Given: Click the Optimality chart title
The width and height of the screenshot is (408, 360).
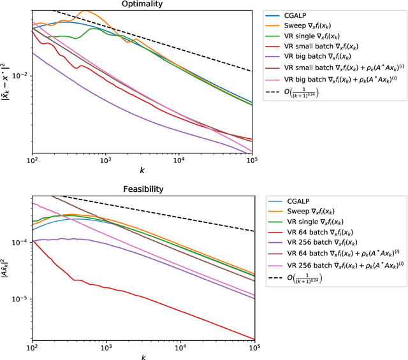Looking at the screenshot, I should (142, 4).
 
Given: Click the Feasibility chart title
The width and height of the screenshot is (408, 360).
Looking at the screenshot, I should (142, 189).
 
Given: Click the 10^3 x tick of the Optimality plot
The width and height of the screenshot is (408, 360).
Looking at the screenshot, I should (106, 162).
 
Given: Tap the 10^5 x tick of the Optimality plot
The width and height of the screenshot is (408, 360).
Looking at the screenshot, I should (254, 162).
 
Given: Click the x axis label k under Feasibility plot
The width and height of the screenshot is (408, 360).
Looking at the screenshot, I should (143, 356).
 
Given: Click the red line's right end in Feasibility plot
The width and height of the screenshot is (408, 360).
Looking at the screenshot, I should (254, 339).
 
